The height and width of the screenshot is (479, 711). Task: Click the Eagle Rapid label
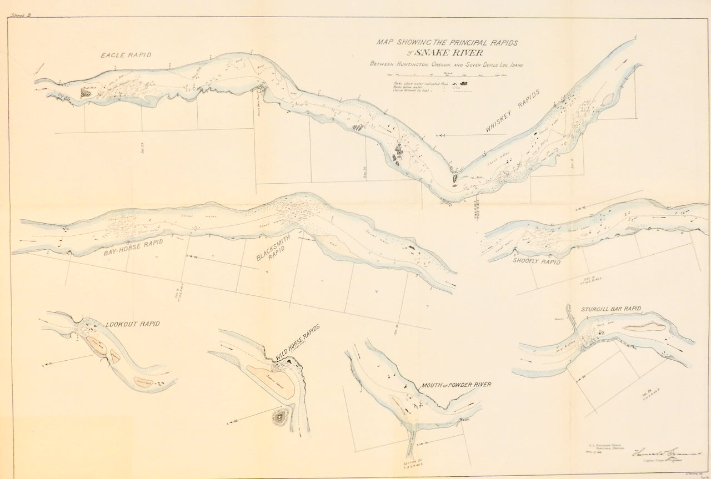click(x=126, y=55)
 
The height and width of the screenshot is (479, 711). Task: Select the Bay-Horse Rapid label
click(x=130, y=250)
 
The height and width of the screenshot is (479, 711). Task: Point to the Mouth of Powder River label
click(x=456, y=385)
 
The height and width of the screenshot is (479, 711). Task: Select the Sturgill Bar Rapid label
click(x=612, y=309)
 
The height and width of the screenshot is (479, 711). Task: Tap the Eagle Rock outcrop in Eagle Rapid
click(x=88, y=92)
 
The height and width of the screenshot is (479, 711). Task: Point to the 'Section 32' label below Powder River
click(x=412, y=462)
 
